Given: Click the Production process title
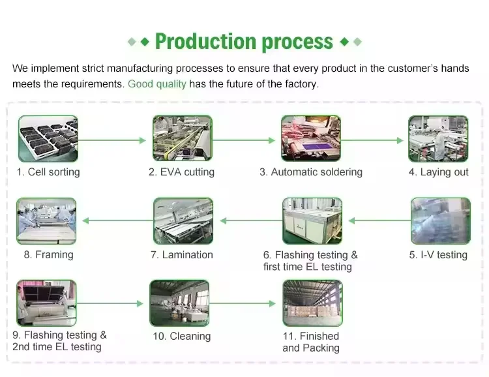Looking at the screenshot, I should (244, 42).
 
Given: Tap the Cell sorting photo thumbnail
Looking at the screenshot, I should (48, 138).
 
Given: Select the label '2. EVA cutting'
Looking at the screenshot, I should (181, 172).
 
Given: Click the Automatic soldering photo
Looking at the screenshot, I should (310, 138).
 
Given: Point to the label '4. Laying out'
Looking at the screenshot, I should (438, 172).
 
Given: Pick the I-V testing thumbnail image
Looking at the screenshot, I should (440, 221).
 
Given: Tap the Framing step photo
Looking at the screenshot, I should (46, 221).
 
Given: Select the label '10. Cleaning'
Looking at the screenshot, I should (181, 337).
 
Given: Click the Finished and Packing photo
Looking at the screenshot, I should (312, 303).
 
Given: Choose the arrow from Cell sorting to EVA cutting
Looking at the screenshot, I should (112, 140).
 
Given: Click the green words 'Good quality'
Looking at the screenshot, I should (157, 84).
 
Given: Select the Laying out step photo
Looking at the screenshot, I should (438, 138).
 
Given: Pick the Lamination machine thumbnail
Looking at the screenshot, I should (183, 221).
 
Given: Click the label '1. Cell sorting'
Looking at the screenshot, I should (48, 172).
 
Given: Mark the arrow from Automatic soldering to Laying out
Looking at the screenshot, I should (372, 140).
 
